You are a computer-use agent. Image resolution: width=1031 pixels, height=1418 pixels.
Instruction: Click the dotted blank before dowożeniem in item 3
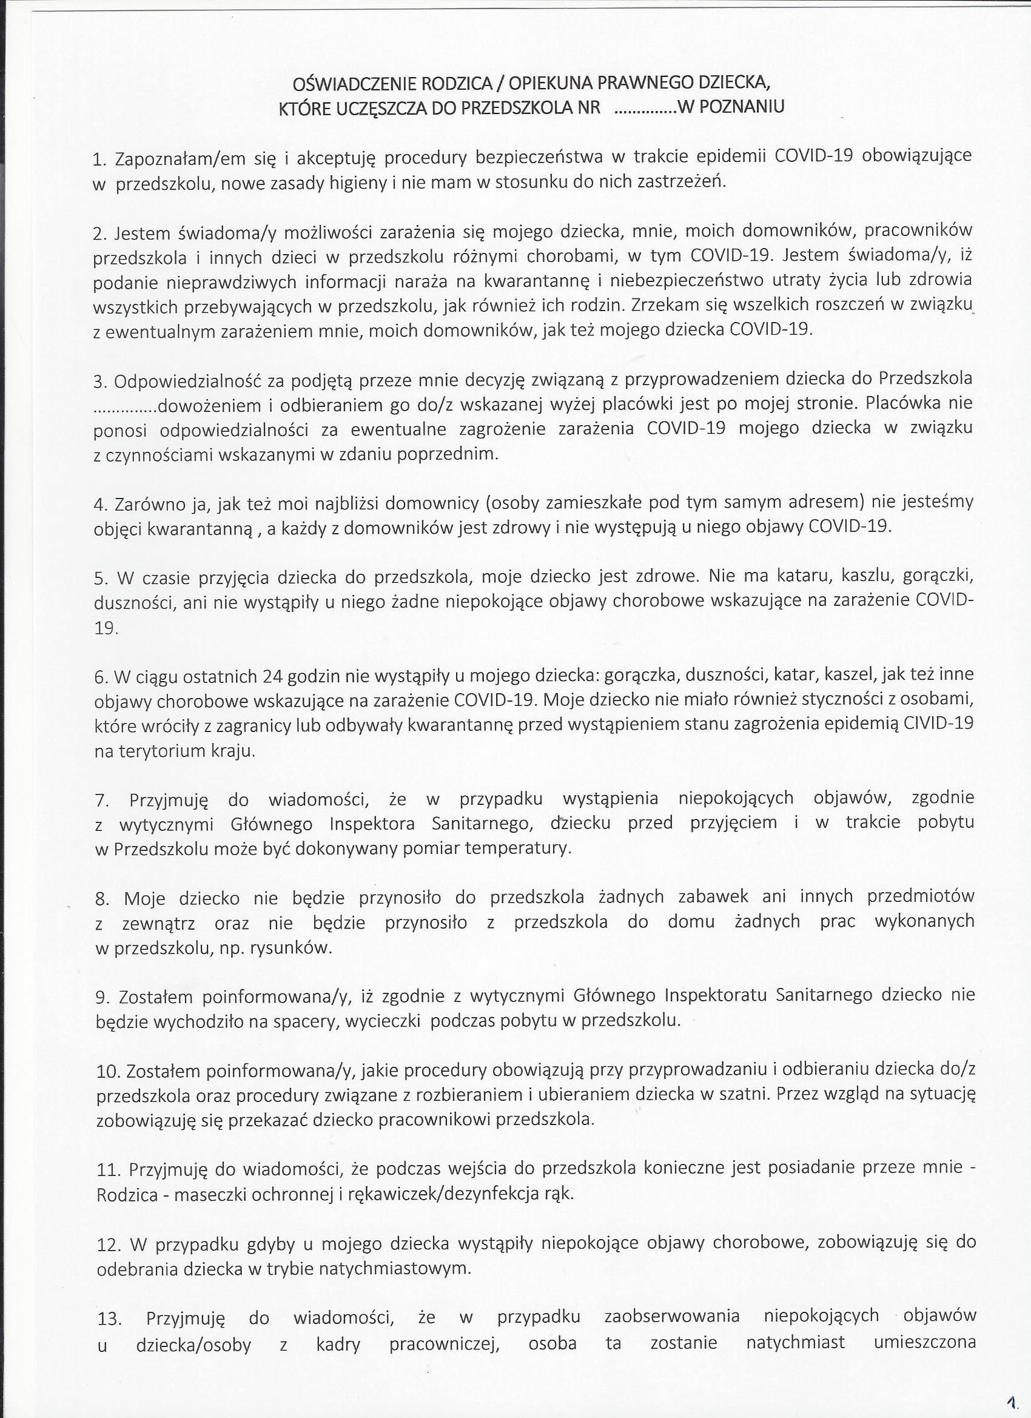click(125, 407)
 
